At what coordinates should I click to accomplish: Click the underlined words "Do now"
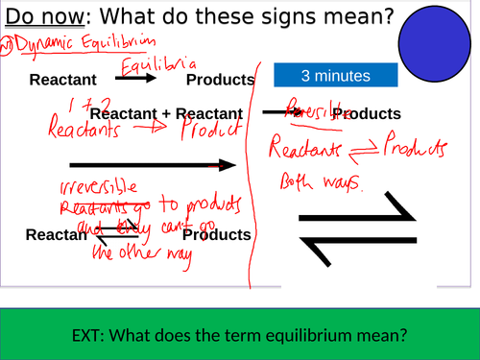[x=41, y=18]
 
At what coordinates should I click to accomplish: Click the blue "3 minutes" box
[x=334, y=76]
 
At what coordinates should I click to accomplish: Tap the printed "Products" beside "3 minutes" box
[x=219, y=79]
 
